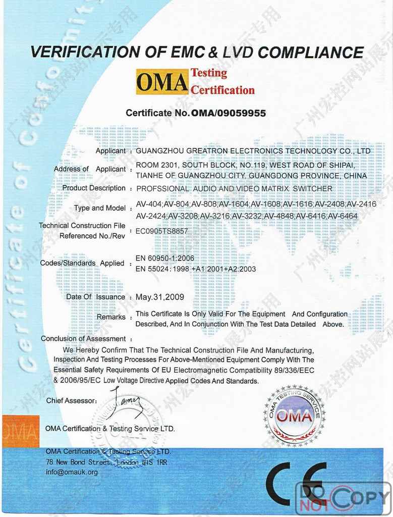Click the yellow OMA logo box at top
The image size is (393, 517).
point(162,81)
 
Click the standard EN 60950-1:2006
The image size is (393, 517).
point(165,258)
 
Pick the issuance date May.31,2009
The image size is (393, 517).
point(160,297)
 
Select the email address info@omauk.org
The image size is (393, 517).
point(72,473)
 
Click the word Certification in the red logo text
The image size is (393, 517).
point(222,90)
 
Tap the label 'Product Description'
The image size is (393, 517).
point(94,188)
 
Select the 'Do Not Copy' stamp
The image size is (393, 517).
point(343,499)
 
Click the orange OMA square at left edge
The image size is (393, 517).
point(20,431)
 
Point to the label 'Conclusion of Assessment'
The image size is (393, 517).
point(83,339)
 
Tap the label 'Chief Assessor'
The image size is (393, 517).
point(71,401)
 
